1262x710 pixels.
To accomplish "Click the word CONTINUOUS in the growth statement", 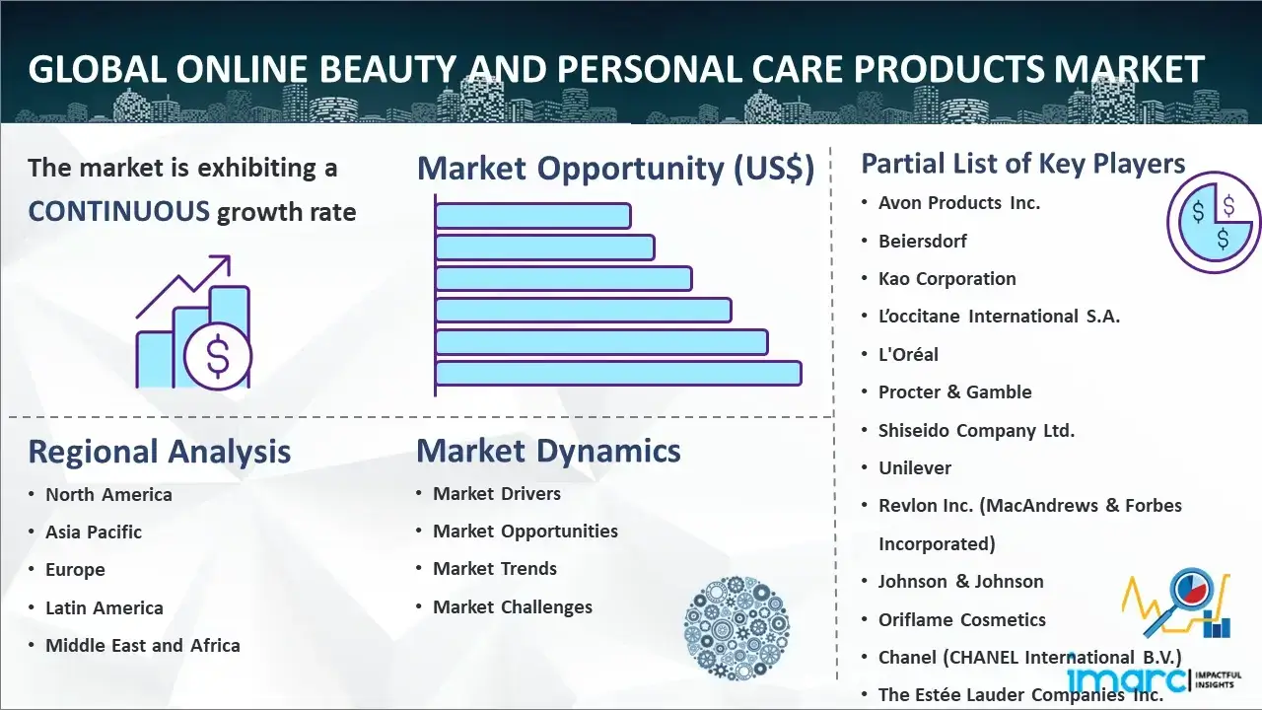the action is tap(119, 212).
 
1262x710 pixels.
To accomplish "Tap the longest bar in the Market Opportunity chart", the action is tap(618, 374).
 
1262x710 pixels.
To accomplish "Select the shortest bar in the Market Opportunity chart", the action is tap(533, 216).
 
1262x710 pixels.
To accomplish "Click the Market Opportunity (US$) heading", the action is tap(616, 168).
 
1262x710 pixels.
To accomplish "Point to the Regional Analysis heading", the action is tap(160, 452).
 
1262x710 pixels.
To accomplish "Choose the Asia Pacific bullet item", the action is tap(94, 532).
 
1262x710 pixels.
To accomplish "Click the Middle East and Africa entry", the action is tap(143, 645).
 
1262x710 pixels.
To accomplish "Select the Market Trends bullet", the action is tap(495, 569).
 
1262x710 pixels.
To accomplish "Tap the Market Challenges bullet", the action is tap(513, 606).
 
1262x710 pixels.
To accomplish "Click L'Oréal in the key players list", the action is tap(908, 354).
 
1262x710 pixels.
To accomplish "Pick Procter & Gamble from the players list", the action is tap(955, 392).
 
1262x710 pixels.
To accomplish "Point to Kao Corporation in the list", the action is tap(947, 278).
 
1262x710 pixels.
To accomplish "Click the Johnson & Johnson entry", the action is tap(961, 581).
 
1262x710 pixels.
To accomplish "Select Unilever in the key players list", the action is tap(915, 467).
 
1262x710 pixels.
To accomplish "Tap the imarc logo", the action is tap(1154, 679).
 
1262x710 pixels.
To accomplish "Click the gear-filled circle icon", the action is tap(736, 628).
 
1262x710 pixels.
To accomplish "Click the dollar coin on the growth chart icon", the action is tap(218, 356).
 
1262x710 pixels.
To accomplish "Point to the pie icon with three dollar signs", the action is tap(1214, 223).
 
